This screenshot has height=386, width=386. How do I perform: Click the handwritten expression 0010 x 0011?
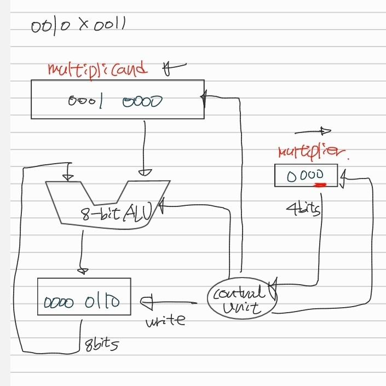[78, 26]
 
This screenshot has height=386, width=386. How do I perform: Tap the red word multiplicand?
[98, 70]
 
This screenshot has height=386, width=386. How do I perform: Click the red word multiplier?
[312, 151]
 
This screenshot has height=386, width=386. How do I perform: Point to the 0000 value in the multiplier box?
[304, 175]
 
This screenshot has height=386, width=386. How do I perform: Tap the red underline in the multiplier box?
[319, 185]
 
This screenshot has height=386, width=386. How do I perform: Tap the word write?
[165, 320]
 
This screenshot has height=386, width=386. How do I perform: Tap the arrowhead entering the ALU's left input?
[68, 177]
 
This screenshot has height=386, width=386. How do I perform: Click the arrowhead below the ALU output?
[83, 270]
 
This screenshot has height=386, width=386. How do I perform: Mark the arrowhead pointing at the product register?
[147, 301]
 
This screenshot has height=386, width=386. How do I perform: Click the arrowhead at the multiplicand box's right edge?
[204, 99]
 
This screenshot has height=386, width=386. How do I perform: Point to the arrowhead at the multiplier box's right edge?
[343, 178]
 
